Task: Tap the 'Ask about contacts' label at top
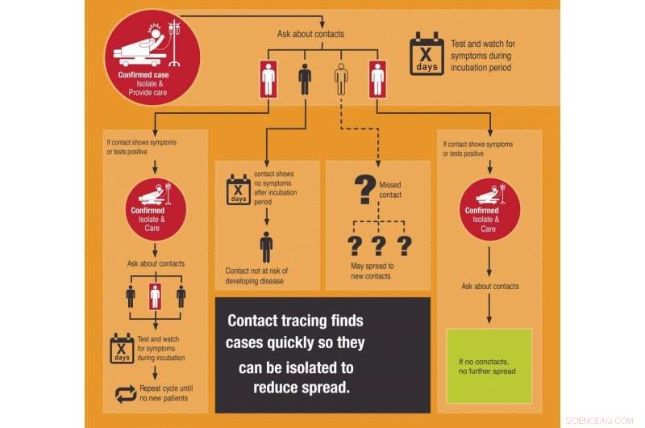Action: [310, 34]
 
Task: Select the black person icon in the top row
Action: [305, 80]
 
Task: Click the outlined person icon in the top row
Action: [341, 80]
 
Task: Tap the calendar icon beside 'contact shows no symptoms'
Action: [239, 188]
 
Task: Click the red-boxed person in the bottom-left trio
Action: [156, 296]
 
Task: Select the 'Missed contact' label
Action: [389, 190]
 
